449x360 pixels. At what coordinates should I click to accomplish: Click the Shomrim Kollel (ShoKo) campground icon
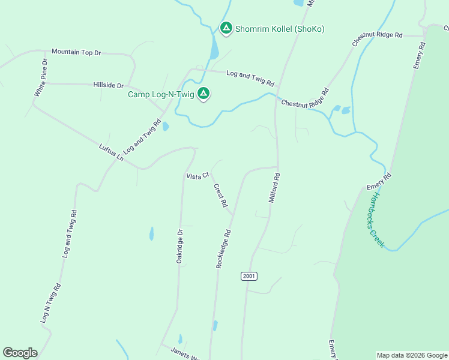pyautogui.click(x=226, y=28)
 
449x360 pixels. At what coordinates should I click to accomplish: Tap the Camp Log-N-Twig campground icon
pyautogui.click(x=203, y=94)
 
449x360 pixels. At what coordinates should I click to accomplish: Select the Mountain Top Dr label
pyautogui.click(x=76, y=53)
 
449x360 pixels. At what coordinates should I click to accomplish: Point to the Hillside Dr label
pyautogui.click(x=108, y=86)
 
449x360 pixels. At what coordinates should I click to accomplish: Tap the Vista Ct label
pyautogui.click(x=197, y=176)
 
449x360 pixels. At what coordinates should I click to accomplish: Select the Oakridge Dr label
pyautogui.click(x=179, y=247)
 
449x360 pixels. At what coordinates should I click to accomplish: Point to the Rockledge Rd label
pyautogui.click(x=224, y=248)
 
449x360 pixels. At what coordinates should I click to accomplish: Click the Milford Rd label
pyautogui.click(x=274, y=188)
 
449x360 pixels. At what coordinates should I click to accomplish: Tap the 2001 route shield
pyautogui.click(x=249, y=276)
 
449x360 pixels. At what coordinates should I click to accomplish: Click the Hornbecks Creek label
pyautogui.click(x=376, y=220)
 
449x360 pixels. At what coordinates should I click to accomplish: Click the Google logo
pyautogui.click(x=20, y=353)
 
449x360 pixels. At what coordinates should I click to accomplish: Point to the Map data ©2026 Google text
pyautogui.click(x=411, y=355)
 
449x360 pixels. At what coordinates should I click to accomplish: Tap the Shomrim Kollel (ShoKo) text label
pyautogui.click(x=280, y=29)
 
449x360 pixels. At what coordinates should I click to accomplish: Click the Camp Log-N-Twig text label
pyautogui.click(x=160, y=94)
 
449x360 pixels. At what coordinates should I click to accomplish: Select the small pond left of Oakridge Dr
pyautogui.click(x=151, y=233)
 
